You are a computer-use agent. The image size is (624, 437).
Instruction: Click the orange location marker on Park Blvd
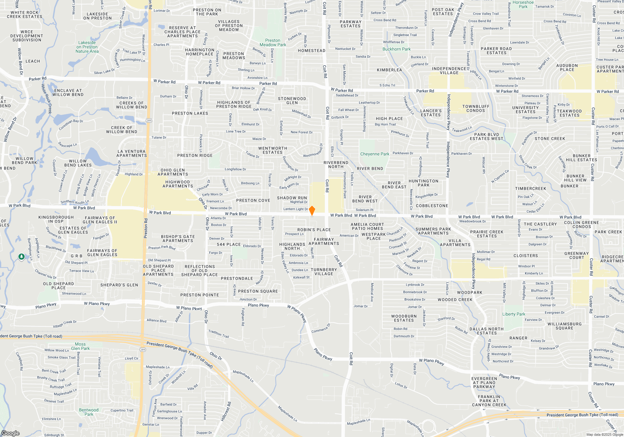pos(312,211)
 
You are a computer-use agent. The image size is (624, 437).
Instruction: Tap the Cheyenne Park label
pos(375,154)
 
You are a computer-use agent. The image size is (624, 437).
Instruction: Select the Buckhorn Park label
pos(397,49)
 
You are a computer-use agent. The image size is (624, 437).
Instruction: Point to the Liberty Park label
pos(514,314)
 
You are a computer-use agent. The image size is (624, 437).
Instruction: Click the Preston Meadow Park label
pos(273,43)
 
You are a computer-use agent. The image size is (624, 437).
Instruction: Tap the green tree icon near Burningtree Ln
pos(22,257)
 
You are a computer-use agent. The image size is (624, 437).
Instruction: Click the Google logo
pos(10,433)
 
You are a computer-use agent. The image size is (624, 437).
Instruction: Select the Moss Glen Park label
pos(80,346)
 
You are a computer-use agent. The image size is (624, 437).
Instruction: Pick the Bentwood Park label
pos(89,412)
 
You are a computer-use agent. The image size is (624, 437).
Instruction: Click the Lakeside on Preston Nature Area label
pos(87,47)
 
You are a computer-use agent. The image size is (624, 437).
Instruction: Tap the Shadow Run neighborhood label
pos(292,198)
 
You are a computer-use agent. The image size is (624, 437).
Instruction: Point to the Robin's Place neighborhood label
pos(314,230)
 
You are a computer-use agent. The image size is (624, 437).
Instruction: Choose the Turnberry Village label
pos(324,272)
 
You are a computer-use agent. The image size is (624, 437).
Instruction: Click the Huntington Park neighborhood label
pos(423,183)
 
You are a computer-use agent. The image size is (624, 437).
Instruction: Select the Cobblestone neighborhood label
pos(432,206)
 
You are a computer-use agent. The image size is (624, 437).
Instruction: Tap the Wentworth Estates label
pos(273,150)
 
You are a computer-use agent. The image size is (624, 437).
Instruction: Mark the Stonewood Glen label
pos(292,101)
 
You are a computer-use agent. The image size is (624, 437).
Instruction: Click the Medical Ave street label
pos(372,292)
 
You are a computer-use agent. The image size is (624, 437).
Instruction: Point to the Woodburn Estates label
pos(404,318)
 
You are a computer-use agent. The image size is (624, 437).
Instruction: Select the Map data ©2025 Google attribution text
pos(604,435)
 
